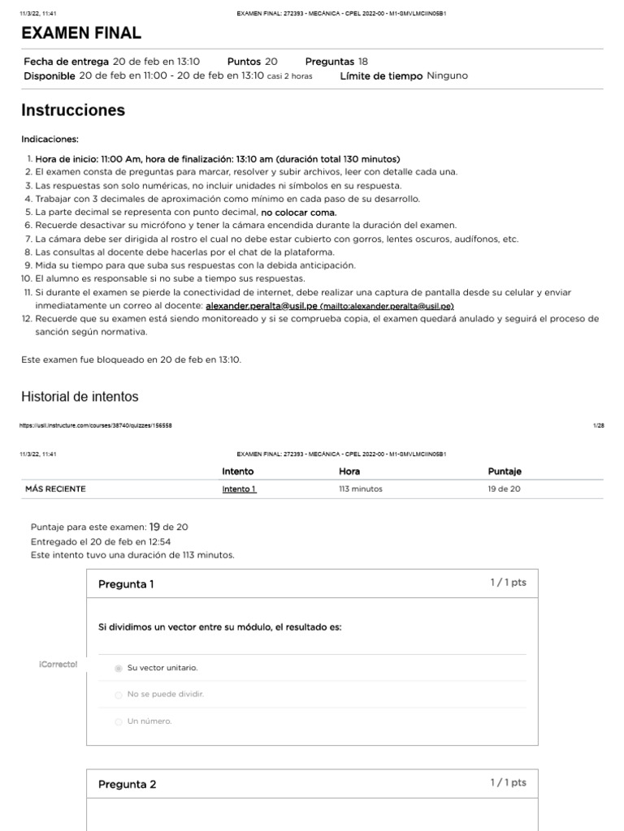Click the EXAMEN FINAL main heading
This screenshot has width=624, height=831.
[81, 32]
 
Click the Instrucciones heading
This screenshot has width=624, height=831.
[73, 110]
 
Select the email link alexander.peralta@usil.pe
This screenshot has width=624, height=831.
[262, 306]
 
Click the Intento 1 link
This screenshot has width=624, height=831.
[239, 489]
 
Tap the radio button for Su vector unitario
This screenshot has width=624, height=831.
[119, 668]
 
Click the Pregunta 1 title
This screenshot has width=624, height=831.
[126, 584]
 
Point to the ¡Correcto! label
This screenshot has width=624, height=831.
[58, 665]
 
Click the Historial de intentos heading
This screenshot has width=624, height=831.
[80, 397]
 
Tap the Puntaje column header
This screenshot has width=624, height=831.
[505, 471]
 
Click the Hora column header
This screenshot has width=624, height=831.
[349, 471]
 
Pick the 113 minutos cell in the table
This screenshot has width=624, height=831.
[360, 489]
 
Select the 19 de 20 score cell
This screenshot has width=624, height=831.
[504, 489]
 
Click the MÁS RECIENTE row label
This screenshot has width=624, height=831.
[55, 489]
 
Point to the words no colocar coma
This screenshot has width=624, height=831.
[298, 212]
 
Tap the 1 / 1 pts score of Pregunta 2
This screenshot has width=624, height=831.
[508, 782]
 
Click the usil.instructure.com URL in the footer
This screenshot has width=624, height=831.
[94, 425]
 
